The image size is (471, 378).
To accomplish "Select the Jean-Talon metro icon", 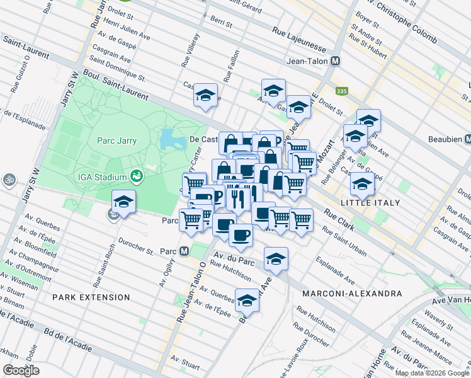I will tap(336, 61).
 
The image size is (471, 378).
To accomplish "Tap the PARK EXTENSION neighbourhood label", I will tap(91, 297).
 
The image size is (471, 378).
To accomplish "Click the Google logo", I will tap(21, 370).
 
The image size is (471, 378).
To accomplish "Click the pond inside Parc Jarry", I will tap(168, 139).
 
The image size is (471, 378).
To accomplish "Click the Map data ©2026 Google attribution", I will tap(431, 373).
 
